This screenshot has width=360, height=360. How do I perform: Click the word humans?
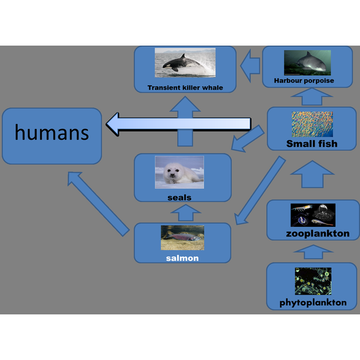coord(52,132)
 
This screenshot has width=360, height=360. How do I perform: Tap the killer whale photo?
coord(185,62)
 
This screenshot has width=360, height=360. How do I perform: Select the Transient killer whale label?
coord(185,88)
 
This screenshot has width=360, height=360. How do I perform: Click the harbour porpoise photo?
coord(307,62)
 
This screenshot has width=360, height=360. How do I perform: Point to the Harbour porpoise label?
coord(304,80)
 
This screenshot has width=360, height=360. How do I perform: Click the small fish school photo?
coord(312,124)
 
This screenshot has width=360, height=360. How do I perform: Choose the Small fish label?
coord(312,144)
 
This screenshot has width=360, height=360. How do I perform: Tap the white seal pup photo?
coord(179,172)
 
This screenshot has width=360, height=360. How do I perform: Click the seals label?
coord(179,197)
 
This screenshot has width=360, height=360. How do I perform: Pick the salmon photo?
coord(182,238)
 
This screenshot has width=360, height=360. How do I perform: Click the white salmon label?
coord(182,258)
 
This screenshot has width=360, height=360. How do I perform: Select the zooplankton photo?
coord(313,215)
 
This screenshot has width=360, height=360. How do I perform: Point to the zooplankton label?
coord(318,234)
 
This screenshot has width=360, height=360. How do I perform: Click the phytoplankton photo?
coord(313,281)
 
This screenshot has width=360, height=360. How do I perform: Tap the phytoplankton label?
coord(313,302)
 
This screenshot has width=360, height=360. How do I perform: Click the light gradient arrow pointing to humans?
coord(178,124)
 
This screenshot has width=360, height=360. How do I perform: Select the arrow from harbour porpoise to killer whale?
coord(250,65)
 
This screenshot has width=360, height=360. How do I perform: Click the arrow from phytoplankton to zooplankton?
coord(313,252)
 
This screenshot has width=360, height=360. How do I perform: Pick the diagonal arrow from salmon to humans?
coord(98,204)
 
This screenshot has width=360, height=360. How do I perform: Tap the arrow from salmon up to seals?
coord(185,213)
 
